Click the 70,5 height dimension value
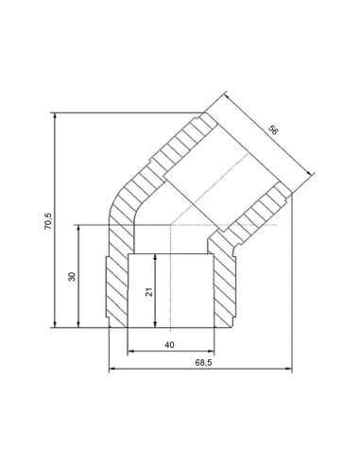point(48,219)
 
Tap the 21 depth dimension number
point(147,292)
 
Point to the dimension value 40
point(170,345)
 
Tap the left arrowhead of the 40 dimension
point(129,352)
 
